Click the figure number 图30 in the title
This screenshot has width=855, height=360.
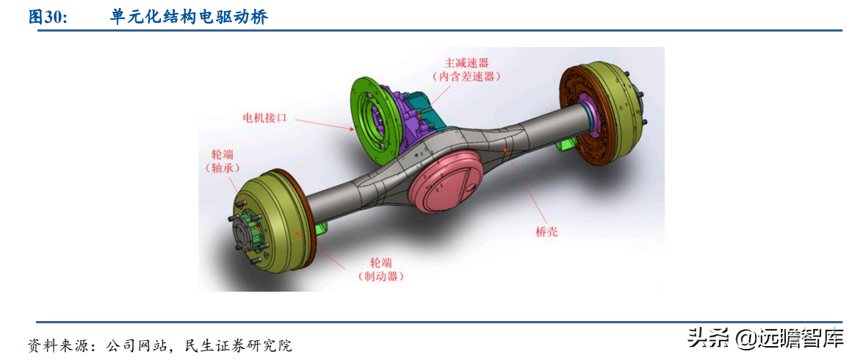point(48,18)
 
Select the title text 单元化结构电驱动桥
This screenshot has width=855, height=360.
point(189,18)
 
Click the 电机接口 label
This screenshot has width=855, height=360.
point(264,117)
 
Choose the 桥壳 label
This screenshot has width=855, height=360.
point(546,231)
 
